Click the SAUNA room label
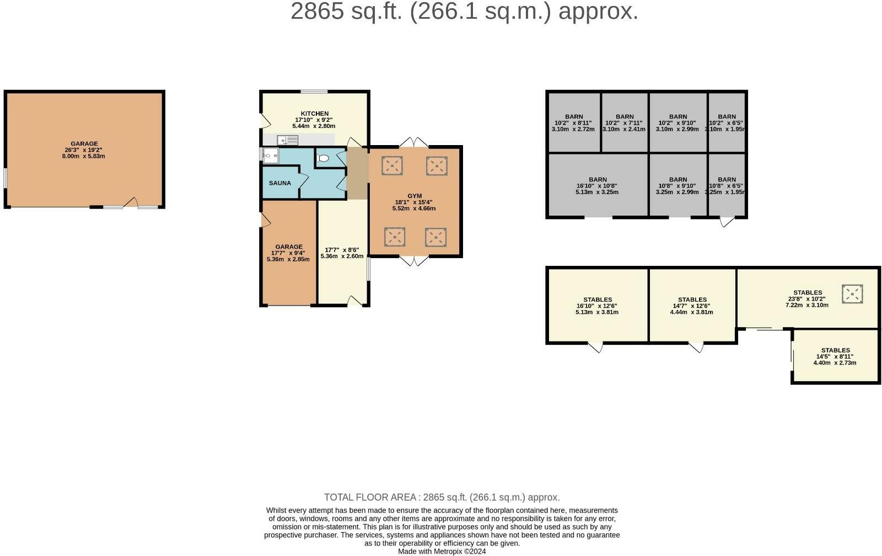coord(280,183)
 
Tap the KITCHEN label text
coord(314,114)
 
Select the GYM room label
coord(415,196)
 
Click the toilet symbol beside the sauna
coord(324,158)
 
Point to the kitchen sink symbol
coord(288,140)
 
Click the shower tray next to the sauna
coord(270,156)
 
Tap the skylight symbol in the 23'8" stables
coord(852,294)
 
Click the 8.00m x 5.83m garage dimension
coord(83,156)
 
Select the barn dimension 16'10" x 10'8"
coord(597,186)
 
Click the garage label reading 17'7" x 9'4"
coord(288,253)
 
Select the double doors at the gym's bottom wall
coord(413,260)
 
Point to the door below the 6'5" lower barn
coord(727,222)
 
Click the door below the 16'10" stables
coord(595,347)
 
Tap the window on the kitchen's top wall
coord(314,92)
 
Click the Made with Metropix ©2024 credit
coord(442,551)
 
